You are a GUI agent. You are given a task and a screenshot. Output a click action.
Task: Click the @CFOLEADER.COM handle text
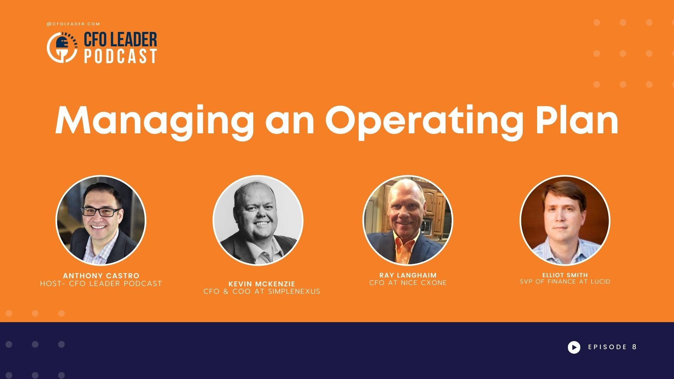coord(73,24)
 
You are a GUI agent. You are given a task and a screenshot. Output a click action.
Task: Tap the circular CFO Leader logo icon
coord(62,48)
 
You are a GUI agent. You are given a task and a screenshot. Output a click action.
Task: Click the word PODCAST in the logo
coord(120,56)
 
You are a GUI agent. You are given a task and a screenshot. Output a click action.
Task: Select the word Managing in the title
coord(154,120)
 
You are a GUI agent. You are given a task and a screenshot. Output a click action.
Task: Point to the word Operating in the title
coord(424,120)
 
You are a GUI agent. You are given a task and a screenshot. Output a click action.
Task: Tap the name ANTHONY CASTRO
coord(101,276)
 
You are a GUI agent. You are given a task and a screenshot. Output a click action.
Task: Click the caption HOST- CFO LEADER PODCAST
coord(101,284)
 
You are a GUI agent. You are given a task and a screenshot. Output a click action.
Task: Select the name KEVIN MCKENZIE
coord(262,284)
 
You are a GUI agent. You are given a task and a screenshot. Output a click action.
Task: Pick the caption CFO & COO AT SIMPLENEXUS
coord(262,292)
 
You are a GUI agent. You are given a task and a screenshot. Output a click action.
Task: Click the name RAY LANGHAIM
coord(408,275)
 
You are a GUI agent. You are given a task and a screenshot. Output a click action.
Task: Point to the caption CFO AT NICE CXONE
coord(408,283)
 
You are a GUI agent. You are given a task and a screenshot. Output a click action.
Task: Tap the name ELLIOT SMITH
coord(565,275)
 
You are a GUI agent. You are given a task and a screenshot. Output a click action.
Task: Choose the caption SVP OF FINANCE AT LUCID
coord(565,282)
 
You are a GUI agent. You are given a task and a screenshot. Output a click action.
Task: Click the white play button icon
coord(574,347)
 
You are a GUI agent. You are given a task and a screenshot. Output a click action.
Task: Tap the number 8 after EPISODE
coord(634,347)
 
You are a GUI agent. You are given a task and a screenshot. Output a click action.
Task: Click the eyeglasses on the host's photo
coord(100,212)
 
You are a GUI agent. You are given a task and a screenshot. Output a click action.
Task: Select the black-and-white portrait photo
coord(258,220)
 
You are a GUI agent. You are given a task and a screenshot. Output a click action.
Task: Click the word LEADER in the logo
coord(133,40)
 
